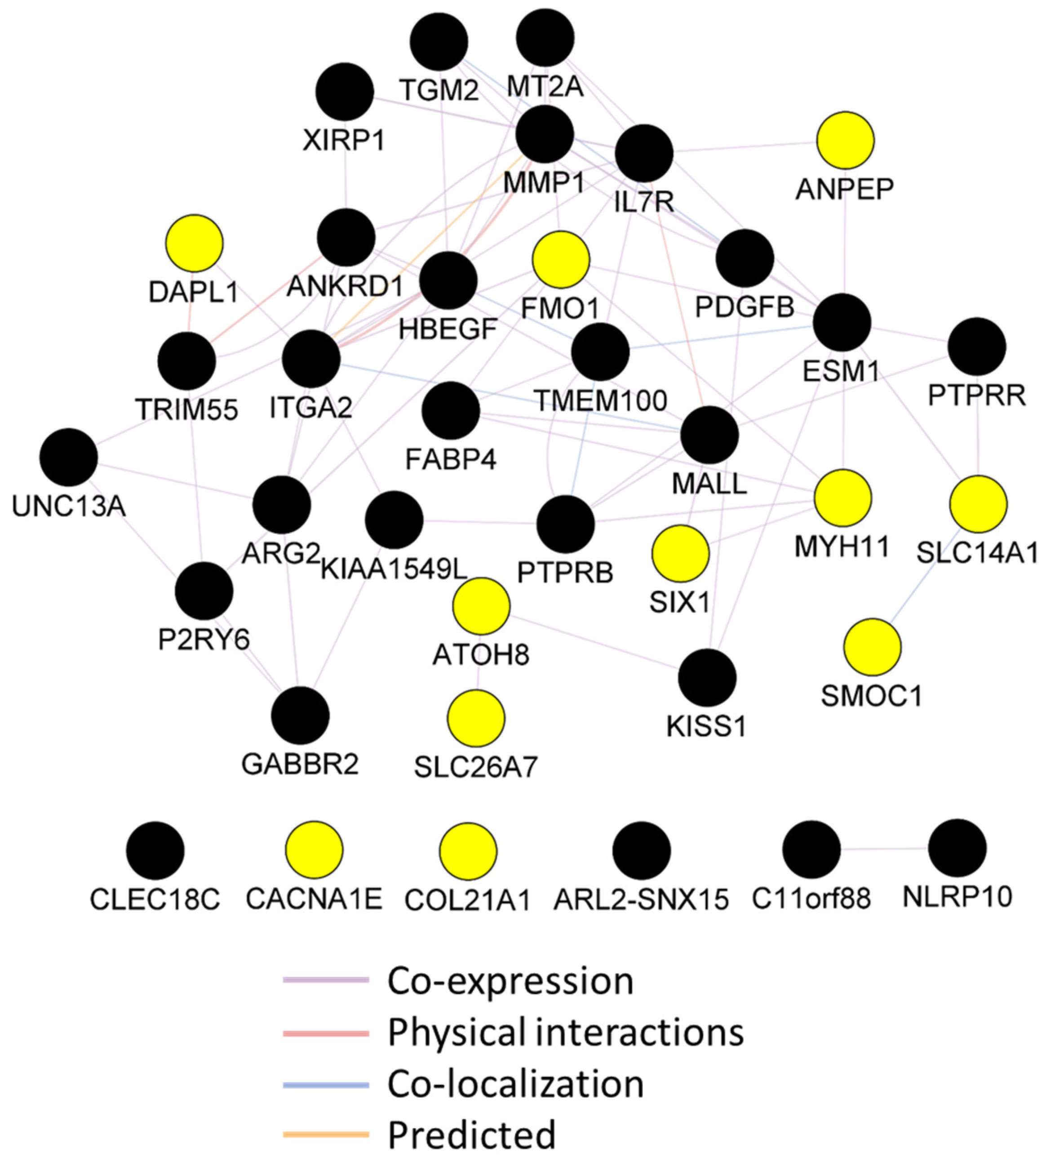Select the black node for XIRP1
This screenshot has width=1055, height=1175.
click(345, 92)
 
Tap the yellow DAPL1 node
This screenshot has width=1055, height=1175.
click(194, 243)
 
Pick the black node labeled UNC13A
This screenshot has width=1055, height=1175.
click(68, 458)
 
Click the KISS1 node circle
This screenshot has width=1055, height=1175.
click(707, 677)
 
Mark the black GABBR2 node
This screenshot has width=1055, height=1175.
click(300, 715)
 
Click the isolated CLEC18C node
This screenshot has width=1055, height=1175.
click(155, 850)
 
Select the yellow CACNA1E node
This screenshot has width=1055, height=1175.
click(314, 850)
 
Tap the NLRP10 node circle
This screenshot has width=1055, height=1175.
click(957, 848)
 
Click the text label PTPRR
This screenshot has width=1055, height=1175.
click(977, 396)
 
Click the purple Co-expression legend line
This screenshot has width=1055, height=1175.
click(326, 979)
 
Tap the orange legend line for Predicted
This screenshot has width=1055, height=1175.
click(326, 1134)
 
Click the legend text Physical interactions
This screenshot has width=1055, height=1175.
click(566, 1033)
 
